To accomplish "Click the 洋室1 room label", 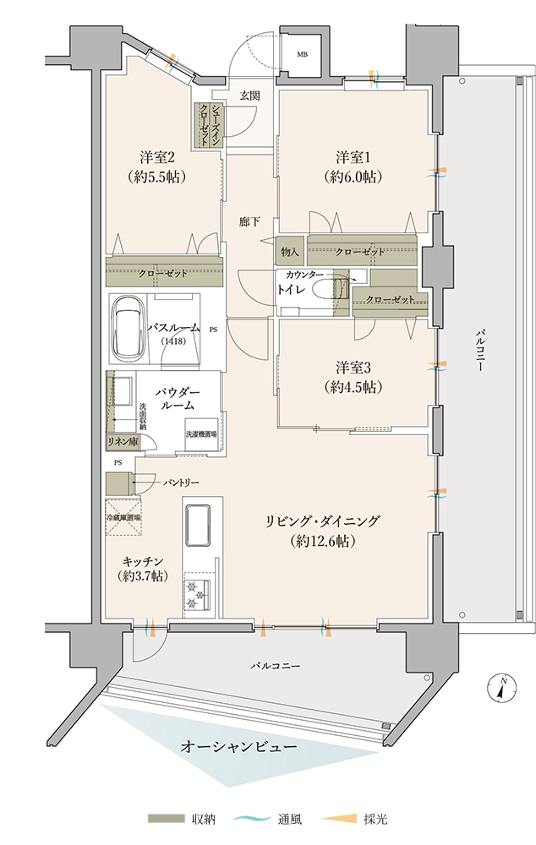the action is click(353, 158).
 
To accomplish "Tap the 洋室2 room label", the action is click(156, 158).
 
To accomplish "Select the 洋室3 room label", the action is click(353, 368).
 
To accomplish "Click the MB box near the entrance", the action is click(302, 54).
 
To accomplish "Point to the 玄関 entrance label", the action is click(249, 96).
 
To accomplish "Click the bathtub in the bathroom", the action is click(129, 330).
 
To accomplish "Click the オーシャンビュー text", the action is click(238, 747).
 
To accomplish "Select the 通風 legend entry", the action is click(268, 820).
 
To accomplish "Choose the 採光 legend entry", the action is click(354, 820).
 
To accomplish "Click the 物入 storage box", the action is click(290, 251).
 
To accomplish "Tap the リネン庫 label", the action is click(122, 442).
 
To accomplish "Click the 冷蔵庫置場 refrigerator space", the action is click(123, 517).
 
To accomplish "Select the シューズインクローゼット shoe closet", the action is click(209, 124).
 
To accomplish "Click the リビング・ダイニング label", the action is click(322, 521).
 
